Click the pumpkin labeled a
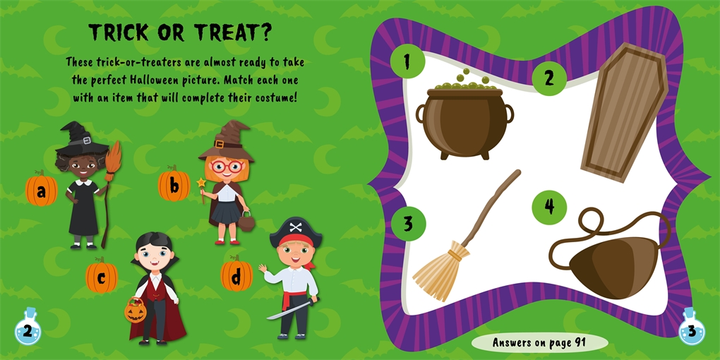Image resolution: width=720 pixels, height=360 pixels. click(x=41, y=189)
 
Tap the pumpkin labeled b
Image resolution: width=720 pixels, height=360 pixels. click(x=174, y=186)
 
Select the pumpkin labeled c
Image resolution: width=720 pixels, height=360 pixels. click(x=101, y=277)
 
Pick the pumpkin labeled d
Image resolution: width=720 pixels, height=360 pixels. click(x=236, y=275)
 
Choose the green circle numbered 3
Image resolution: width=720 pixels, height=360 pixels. click(x=408, y=224)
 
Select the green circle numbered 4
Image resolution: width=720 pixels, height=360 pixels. click(x=549, y=206)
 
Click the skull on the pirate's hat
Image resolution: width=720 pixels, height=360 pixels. click(x=296, y=227)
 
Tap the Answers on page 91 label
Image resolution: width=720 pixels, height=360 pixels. click(x=539, y=343)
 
